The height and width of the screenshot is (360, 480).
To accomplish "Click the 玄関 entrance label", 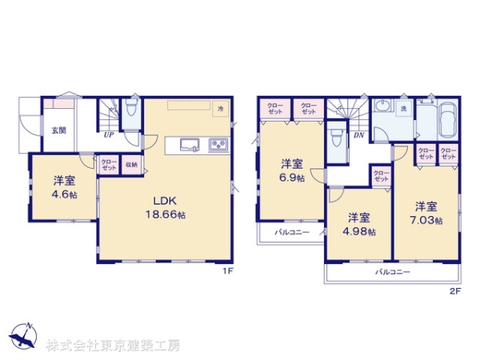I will (58, 130).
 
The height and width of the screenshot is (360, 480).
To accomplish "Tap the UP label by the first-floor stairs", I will (107, 136).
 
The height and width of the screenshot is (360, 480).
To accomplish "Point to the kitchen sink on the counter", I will (190, 145).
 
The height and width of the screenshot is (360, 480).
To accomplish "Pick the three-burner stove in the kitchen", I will (218, 145).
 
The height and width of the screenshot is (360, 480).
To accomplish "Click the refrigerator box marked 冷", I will (220, 107).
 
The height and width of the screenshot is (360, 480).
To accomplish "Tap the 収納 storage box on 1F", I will (131, 165).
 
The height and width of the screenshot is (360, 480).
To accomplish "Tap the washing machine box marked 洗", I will (403, 108).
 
